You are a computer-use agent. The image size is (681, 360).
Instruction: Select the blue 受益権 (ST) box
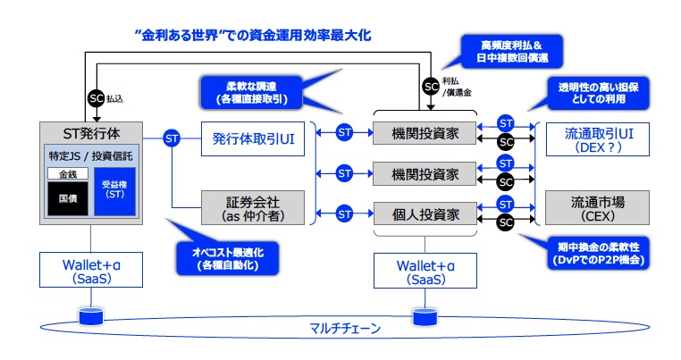[113, 188]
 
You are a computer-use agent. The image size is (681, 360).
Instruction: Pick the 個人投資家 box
[425, 214]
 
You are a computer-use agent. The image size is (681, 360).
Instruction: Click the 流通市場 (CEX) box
[593, 207]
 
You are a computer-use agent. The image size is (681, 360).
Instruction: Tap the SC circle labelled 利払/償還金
[432, 87]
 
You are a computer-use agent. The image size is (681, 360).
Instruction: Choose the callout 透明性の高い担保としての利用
[596, 91]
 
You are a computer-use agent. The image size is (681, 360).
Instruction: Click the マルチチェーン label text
[339, 328]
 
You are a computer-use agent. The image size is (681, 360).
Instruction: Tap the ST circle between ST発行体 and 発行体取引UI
[172, 138]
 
